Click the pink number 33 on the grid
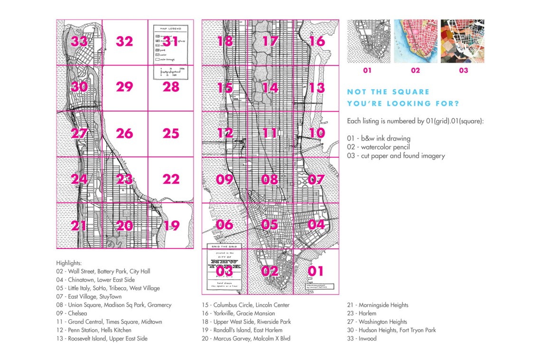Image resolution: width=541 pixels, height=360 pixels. pyautogui.click(x=79, y=42)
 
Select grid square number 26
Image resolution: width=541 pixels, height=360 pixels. pyautogui.click(x=124, y=133)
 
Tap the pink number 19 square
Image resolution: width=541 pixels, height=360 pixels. pyautogui.click(x=171, y=226)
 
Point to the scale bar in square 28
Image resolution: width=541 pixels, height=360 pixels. pyautogui.click(x=170, y=73)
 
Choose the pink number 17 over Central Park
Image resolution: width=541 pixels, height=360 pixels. pyautogui.click(x=270, y=41)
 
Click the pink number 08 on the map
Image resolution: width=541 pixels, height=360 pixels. pyautogui.click(x=270, y=180)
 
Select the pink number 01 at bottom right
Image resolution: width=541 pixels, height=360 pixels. pyautogui.click(x=316, y=271)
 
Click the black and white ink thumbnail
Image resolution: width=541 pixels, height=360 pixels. pyautogui.click(x=369, y=41)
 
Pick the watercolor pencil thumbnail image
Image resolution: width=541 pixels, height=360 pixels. pyautogui.click(x=415, y=41)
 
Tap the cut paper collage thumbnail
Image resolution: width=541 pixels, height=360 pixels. pyautogui.click(x=462, y=41)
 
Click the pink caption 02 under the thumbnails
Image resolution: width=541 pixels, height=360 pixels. pyautogui.click(x=415, y=70)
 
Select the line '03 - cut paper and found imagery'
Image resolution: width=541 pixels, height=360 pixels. pyautogui.click(x=396, y=156)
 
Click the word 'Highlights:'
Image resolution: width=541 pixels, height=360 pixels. pyautogui.click(x=69, y=263)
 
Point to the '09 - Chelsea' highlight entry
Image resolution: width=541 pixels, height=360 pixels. pyautogui.click(x=71, y=313)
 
